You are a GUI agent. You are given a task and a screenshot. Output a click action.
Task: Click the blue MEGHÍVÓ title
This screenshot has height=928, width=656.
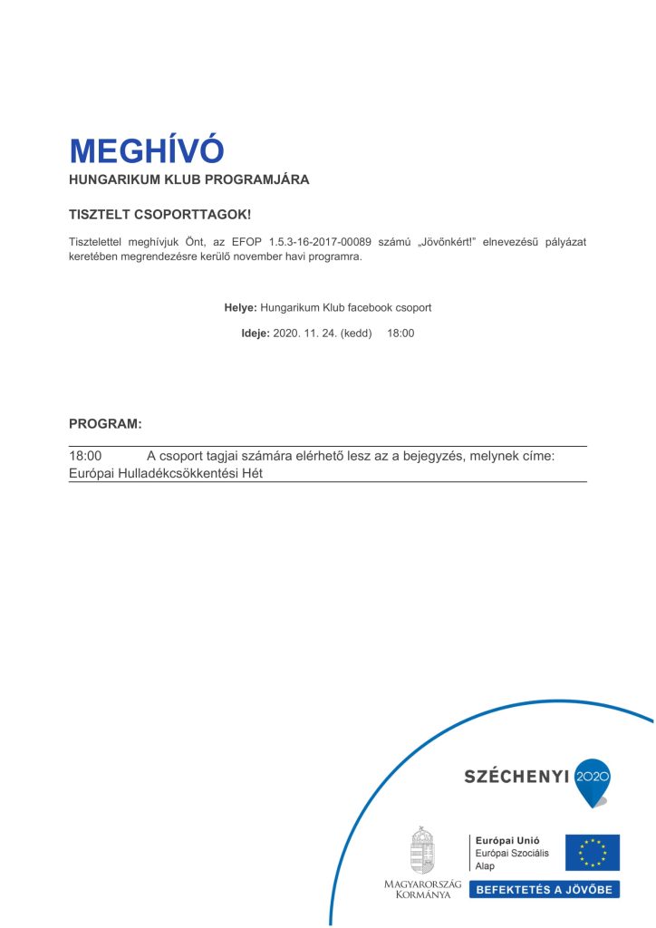146,150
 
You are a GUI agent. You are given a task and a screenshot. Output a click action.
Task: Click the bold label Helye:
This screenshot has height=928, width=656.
240,308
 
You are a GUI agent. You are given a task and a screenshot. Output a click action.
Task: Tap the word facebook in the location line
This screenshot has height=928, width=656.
368,308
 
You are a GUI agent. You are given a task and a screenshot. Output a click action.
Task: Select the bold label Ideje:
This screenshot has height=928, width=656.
255,333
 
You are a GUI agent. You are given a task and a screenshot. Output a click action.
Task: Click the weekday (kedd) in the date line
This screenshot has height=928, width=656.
354,333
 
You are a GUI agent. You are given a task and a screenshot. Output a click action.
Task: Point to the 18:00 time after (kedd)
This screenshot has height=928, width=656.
400,333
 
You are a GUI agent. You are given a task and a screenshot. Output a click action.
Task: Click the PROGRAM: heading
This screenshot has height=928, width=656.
105,424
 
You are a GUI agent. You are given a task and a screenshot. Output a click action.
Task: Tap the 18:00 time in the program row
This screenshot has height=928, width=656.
85,456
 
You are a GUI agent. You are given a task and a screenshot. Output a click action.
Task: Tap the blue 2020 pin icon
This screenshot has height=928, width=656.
593,780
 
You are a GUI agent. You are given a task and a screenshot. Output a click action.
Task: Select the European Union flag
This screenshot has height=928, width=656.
593,853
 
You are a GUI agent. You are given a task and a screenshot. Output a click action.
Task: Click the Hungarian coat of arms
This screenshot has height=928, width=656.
422,850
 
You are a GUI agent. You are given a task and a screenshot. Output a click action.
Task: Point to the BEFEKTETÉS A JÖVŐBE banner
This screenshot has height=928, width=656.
545,890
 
